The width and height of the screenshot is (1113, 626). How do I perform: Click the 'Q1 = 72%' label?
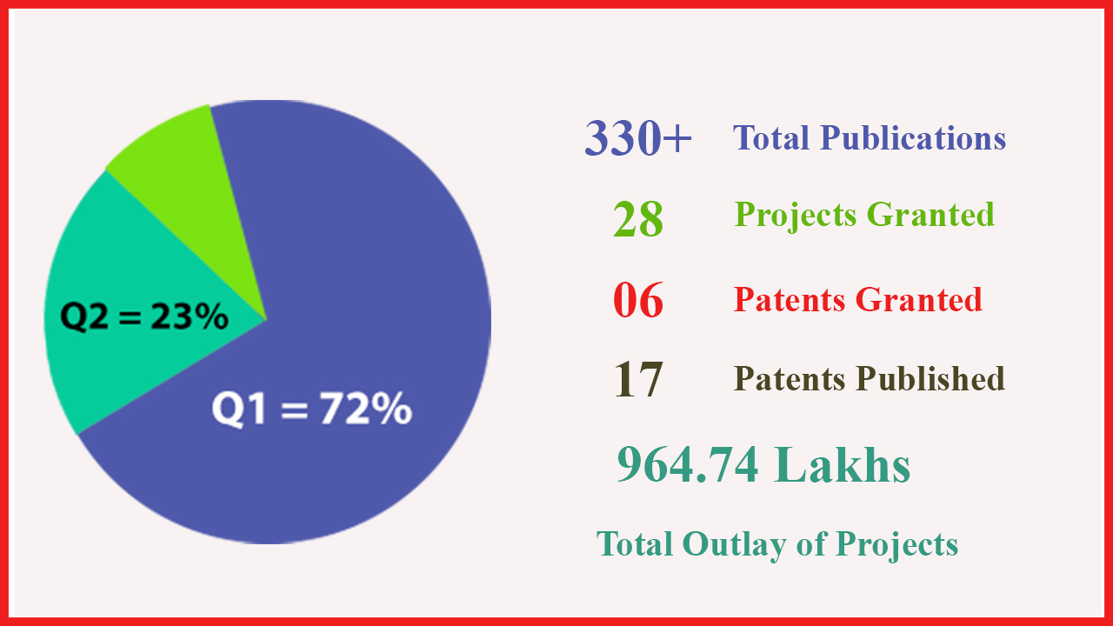(x=312, y=409)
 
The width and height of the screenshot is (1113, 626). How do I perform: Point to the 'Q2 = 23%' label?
(x=144, y=316)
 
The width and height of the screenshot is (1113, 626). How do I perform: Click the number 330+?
(x=638, y=137)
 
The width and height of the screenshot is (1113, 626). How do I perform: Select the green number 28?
(x=638, y=218)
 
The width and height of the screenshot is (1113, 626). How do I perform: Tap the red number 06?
(x=638, y=300)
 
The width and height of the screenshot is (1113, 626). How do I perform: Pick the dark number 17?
(x=638, y=380)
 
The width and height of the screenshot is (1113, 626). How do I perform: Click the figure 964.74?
(x=688, y=464)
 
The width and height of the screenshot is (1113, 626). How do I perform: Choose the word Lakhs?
(x=842, y=463)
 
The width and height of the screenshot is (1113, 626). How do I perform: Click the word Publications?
(x=913, y=137)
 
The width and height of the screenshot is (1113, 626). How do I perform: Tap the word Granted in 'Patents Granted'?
(x=919, y=300)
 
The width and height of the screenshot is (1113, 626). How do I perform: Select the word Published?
(x=930, y=378)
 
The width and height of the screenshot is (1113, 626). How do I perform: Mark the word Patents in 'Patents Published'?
(x=790, y=378)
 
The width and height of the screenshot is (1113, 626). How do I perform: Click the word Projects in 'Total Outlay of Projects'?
(x=896, y=545)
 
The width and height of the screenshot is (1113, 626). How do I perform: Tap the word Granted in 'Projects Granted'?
(x=930, y=215)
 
